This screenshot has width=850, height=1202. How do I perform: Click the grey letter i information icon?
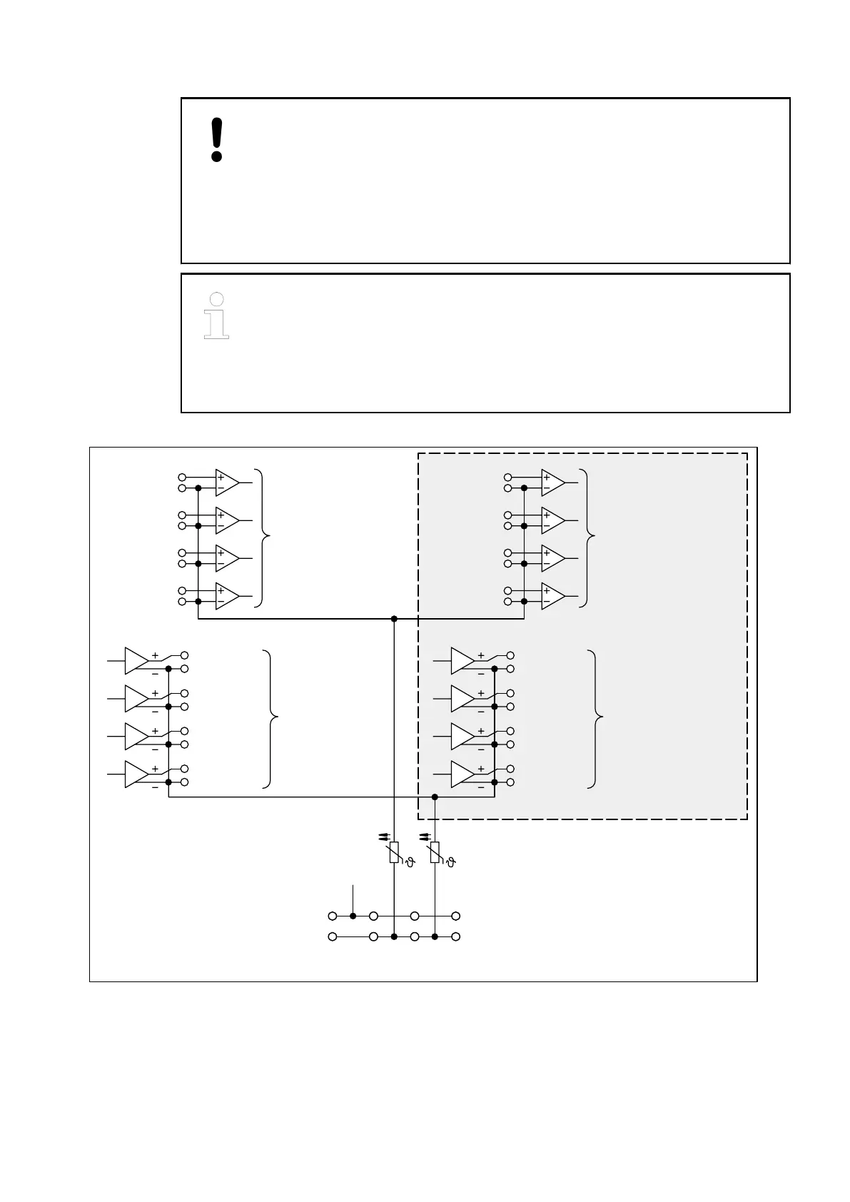click(217, 315)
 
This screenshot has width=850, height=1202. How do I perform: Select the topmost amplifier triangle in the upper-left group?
click(227, 483)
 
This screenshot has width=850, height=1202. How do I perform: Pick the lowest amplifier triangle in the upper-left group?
click(227, 596)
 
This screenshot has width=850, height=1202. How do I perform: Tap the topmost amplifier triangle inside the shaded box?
click(553, 483)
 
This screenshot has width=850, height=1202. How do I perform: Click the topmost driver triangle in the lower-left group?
click(136, 661)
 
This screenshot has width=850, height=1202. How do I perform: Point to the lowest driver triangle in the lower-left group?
click(136, 774)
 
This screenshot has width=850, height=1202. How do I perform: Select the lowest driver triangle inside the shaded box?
click(462, 774)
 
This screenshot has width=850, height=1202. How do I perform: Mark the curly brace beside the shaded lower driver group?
click(595, 718)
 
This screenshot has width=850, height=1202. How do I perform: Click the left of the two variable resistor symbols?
click(394, 853)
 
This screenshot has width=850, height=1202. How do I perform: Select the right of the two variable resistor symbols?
click(435, 853)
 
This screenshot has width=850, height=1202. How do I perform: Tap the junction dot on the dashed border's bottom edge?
click(435, 797)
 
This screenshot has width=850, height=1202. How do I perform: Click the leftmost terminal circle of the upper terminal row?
click(332, 916)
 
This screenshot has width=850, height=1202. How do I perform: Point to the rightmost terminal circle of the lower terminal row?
click(456, 936)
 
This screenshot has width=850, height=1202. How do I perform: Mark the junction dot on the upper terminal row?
click(353, 916)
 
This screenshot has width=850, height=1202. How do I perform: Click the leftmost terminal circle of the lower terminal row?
click(332, 936)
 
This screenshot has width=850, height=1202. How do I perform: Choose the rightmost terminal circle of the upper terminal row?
click(456, 916)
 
